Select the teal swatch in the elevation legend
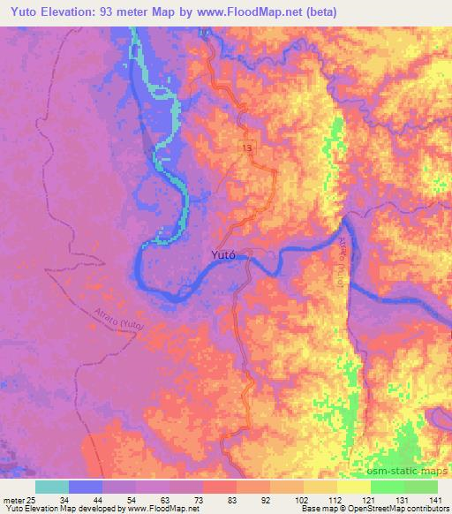pos(51,487)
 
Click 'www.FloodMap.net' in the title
pos(261,11)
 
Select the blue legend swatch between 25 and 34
pos(85,487)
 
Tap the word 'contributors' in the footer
pos(427,509)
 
